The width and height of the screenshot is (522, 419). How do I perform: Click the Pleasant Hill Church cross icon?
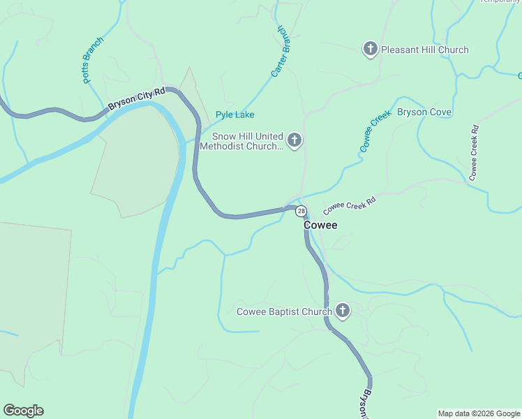370,49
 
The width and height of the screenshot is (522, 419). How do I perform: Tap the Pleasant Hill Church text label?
425,50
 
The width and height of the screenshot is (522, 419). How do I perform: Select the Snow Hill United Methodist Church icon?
294,141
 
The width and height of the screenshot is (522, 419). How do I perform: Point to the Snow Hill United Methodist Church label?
241,141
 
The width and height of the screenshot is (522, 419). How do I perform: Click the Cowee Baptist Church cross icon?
342,311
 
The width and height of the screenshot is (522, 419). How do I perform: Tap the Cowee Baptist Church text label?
284,311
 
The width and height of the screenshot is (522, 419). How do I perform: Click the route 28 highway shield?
301,211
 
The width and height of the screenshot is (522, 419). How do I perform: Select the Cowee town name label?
320,226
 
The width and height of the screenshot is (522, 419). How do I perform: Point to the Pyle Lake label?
234,115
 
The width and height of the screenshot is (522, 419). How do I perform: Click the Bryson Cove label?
424,112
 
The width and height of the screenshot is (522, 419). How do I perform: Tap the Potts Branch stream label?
93,61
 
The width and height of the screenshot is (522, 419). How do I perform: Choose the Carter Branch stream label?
281,52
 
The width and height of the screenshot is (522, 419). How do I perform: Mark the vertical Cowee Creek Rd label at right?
474,153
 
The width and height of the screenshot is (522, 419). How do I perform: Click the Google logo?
23,411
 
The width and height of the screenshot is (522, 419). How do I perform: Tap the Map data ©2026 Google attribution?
479,413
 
